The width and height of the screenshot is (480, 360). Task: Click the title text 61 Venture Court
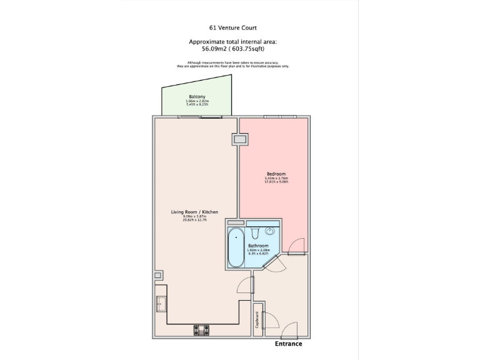point(232,27)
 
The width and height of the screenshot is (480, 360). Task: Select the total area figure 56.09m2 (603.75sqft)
point(232,47)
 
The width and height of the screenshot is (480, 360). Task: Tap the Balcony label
point(197,97)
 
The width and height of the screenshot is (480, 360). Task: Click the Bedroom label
point(276,173)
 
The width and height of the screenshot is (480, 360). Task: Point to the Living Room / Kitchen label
point(194,212)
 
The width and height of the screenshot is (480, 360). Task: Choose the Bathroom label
point(258,246)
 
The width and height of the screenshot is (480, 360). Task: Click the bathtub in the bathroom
point(236,247)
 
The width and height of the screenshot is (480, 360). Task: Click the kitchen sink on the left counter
point(161,304)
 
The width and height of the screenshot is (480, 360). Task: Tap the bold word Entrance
point(288,344)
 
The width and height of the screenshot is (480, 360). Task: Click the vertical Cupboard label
point(257,319)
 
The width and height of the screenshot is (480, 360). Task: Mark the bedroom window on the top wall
point(279,117)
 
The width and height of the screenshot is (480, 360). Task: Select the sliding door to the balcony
point(199,117)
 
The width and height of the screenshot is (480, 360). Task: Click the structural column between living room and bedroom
point(239,140)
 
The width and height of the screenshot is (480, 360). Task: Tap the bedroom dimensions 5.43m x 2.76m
point(276,179)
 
